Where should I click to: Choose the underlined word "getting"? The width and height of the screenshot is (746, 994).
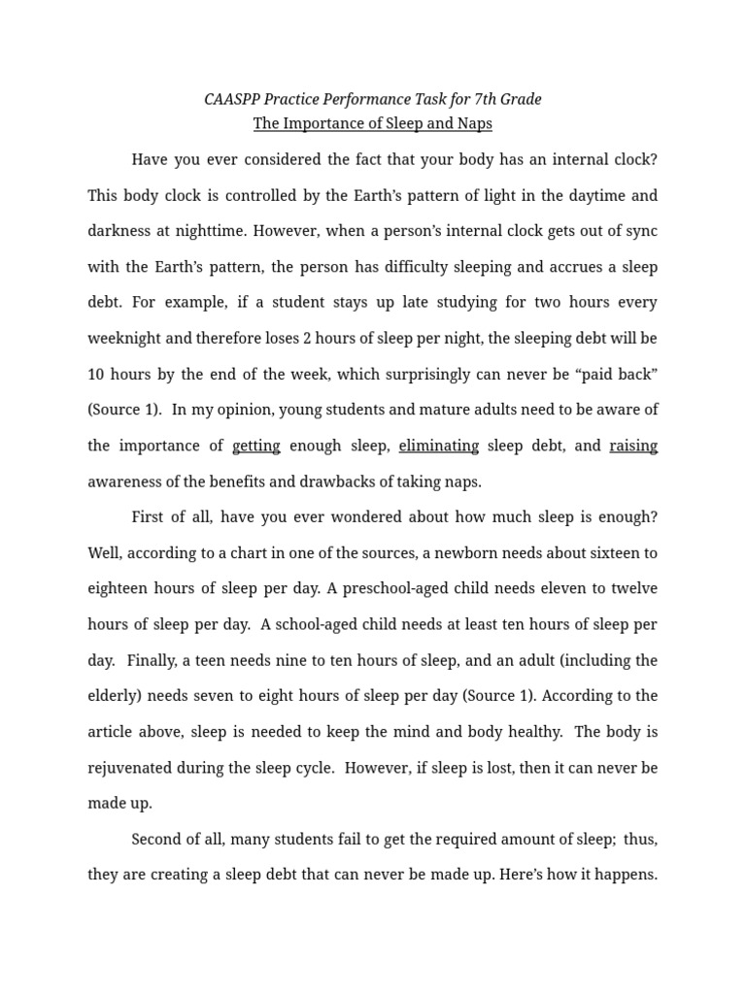click(x=256, y=446)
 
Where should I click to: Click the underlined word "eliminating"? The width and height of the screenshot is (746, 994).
click(x=439, y=446)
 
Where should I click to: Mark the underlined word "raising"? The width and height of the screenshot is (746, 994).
click(x=633, y=446)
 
